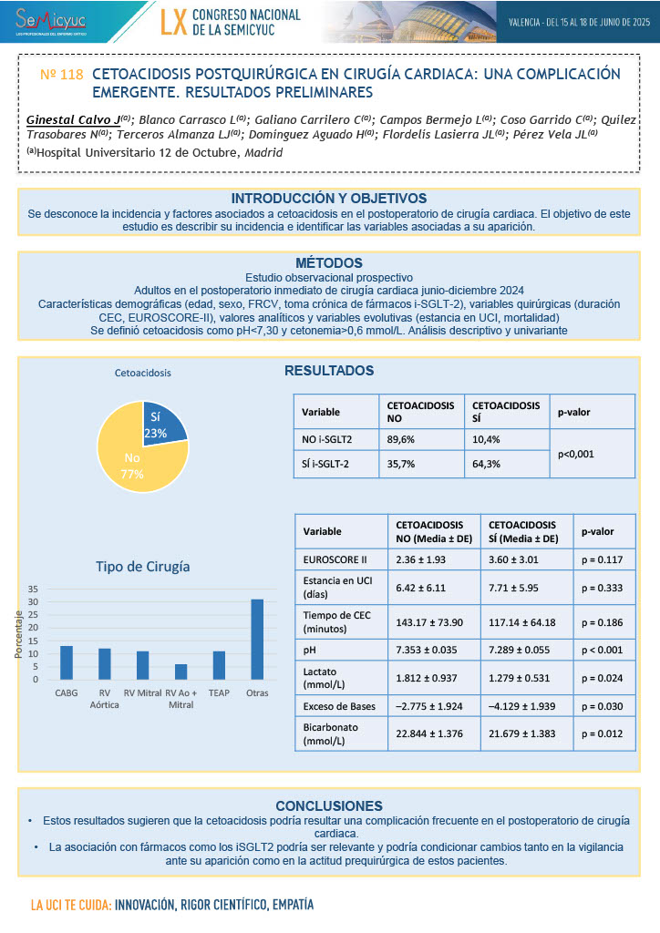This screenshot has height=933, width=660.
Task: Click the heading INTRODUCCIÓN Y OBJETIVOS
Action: point(329,199)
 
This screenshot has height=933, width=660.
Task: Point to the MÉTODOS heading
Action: point(329,263)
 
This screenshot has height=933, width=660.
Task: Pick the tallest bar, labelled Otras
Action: point(257,639)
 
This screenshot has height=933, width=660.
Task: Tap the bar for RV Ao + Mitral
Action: point(180,672)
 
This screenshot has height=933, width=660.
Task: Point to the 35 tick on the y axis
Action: point(33,589)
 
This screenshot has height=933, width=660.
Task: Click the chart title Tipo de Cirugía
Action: point(143,566)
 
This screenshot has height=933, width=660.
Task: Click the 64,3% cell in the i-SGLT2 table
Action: point(486,463)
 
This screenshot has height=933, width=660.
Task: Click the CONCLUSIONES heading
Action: point(329,805)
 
